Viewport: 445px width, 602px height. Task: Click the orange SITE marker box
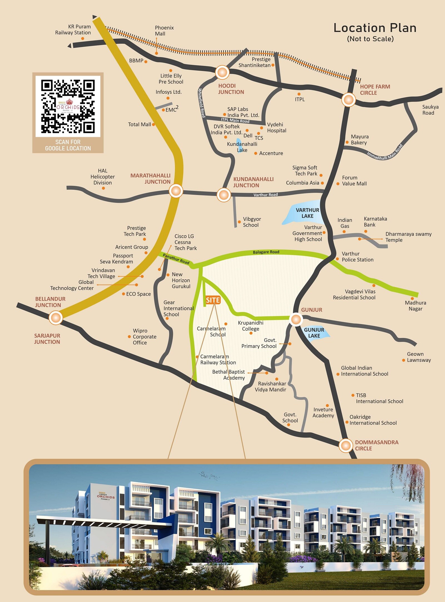[213, 300]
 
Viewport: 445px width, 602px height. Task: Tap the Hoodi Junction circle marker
[222, 72]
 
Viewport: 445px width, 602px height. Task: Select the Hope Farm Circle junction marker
[348, 100]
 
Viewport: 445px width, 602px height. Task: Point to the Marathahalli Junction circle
[176, 191]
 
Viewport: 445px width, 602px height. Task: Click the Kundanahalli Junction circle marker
[224, 194]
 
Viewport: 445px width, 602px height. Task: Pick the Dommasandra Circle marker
[346, 445]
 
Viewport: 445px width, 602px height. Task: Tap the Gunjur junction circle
[296, 319]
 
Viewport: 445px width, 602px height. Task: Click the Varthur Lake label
[307, 213]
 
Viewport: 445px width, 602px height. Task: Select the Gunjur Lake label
[314, 333]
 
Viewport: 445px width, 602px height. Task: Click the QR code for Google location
[68, 106]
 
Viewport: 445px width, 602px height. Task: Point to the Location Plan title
[375, 28]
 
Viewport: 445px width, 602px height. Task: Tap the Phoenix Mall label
[164, 31]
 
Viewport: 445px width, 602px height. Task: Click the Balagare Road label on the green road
[266, 252]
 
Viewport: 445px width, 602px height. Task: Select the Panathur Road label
[176, 259]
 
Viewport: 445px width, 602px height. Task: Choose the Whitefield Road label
[201, 103]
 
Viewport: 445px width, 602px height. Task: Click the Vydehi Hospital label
[276, 127]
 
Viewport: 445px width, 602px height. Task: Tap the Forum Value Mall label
[354, 181]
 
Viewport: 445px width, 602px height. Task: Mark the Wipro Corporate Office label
[144, 337]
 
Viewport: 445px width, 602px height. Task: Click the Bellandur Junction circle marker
[56, 318]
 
